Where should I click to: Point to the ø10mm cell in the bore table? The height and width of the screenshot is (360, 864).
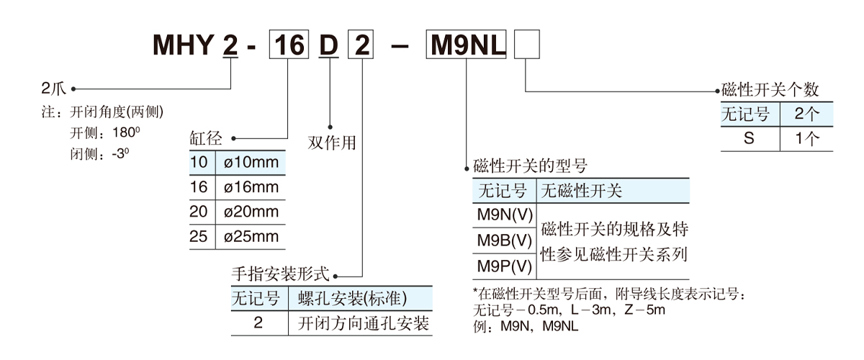click(x=251, y=162)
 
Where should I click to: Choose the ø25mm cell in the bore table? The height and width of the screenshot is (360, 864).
click(x=251, y=236)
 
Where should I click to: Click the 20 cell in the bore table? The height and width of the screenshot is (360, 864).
click(x=199, y=212)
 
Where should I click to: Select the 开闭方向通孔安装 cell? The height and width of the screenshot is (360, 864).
click(x=364, y=323)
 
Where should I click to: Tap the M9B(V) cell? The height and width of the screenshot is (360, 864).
click(x=504, y=240)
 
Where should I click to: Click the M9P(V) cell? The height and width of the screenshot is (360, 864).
click(x=504, y=266)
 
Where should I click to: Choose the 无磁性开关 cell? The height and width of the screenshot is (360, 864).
click(x=581, y=191)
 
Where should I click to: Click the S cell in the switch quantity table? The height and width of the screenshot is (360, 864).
click(x=750, y=138)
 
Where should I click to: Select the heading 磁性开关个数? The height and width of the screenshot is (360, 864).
click(x=770, y=91)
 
